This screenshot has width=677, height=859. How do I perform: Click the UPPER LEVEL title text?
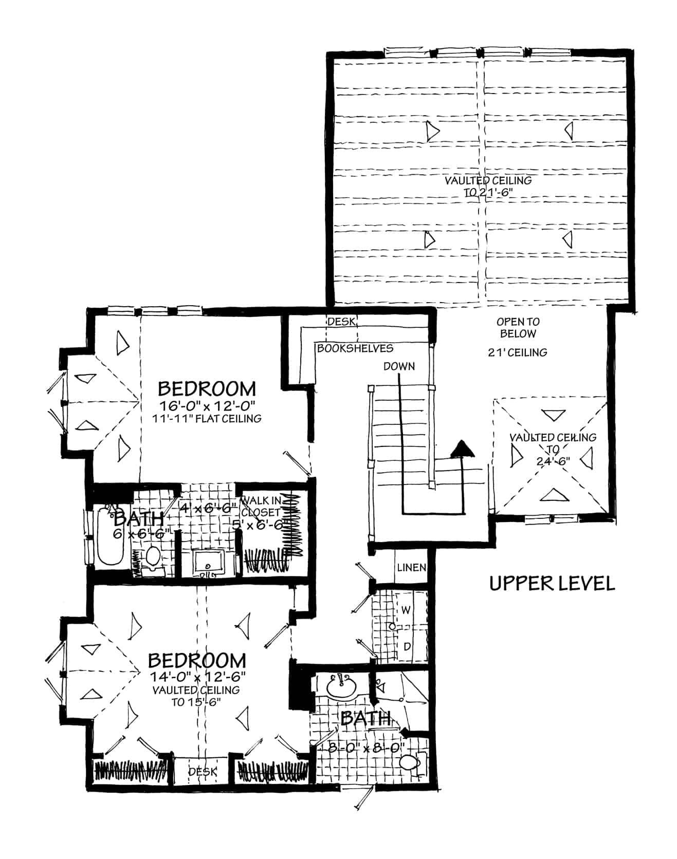coord(552,584)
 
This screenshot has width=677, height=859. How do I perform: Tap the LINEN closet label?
coord(411,568)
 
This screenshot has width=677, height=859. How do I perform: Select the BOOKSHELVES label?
coord(355,348)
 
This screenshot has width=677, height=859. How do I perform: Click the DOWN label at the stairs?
coord(399,366)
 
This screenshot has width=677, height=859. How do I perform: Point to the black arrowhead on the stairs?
coord(462,449)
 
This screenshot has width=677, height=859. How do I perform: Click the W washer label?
coord(406,610)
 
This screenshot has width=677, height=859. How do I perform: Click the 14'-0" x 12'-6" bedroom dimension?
coord(197,675)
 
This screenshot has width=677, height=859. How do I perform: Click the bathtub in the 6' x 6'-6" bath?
coord(110,537)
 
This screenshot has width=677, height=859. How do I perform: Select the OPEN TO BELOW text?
coord(518,328)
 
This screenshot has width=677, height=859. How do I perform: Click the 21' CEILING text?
coord(517,352)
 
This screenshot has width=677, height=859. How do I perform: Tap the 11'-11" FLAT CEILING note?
coord(207,419)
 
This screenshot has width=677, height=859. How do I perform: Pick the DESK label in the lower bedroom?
coord(202,772)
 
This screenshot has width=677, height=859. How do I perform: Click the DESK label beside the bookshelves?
coord(341,322)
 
